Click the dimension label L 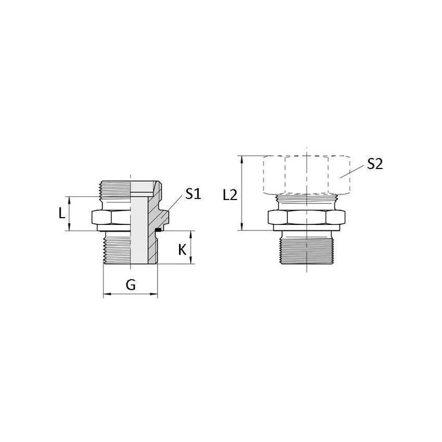tap(62, 213)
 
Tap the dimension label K tap(182, 250)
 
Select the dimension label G tap(130, 285)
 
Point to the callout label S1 tap(193, 194)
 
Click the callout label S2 tap(375, 164)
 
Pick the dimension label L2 tap(230, 195)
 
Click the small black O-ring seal tap(159, 230)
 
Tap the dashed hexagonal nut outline tap(307, 175)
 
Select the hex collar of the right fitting tap(307, 217)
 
